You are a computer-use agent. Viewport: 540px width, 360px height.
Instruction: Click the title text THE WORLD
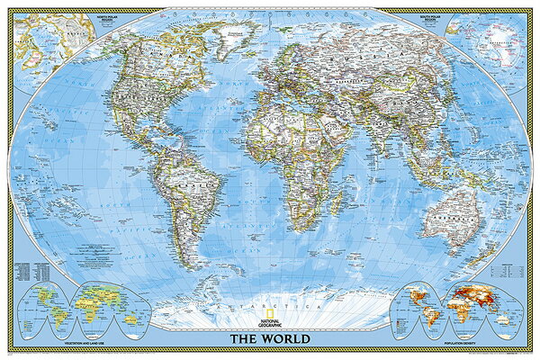click(x=270, y=339)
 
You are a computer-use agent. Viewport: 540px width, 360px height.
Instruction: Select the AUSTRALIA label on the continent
click(x=447, y=219)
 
